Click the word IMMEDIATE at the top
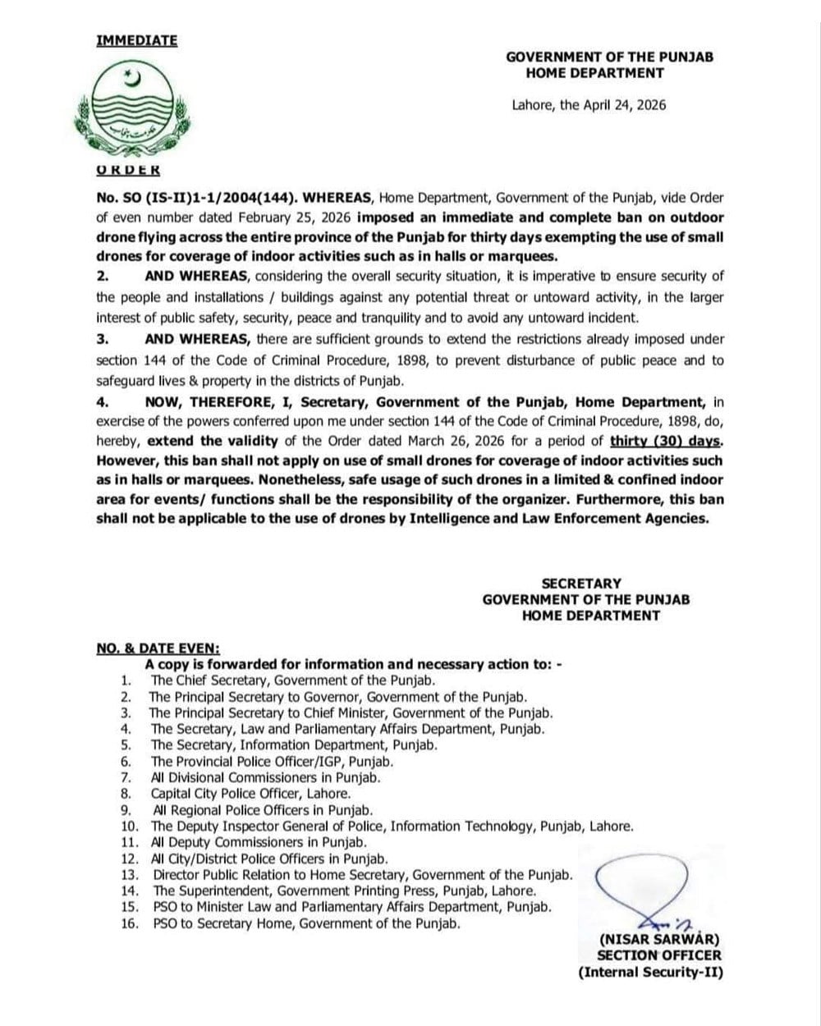(x=136, y=40)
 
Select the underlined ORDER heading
(x=128, y=170)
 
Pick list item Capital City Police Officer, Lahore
(x=250, y=794)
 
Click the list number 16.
(x=129, y=923)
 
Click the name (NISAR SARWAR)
(x=659, y=938)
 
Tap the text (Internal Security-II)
(x=650, y=973)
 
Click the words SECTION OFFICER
(x=659, y=955)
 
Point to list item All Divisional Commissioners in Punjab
(x=265, y=777)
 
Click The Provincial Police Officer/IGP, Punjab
(x=267, y=762)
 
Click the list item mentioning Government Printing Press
(x=345, y=891)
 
